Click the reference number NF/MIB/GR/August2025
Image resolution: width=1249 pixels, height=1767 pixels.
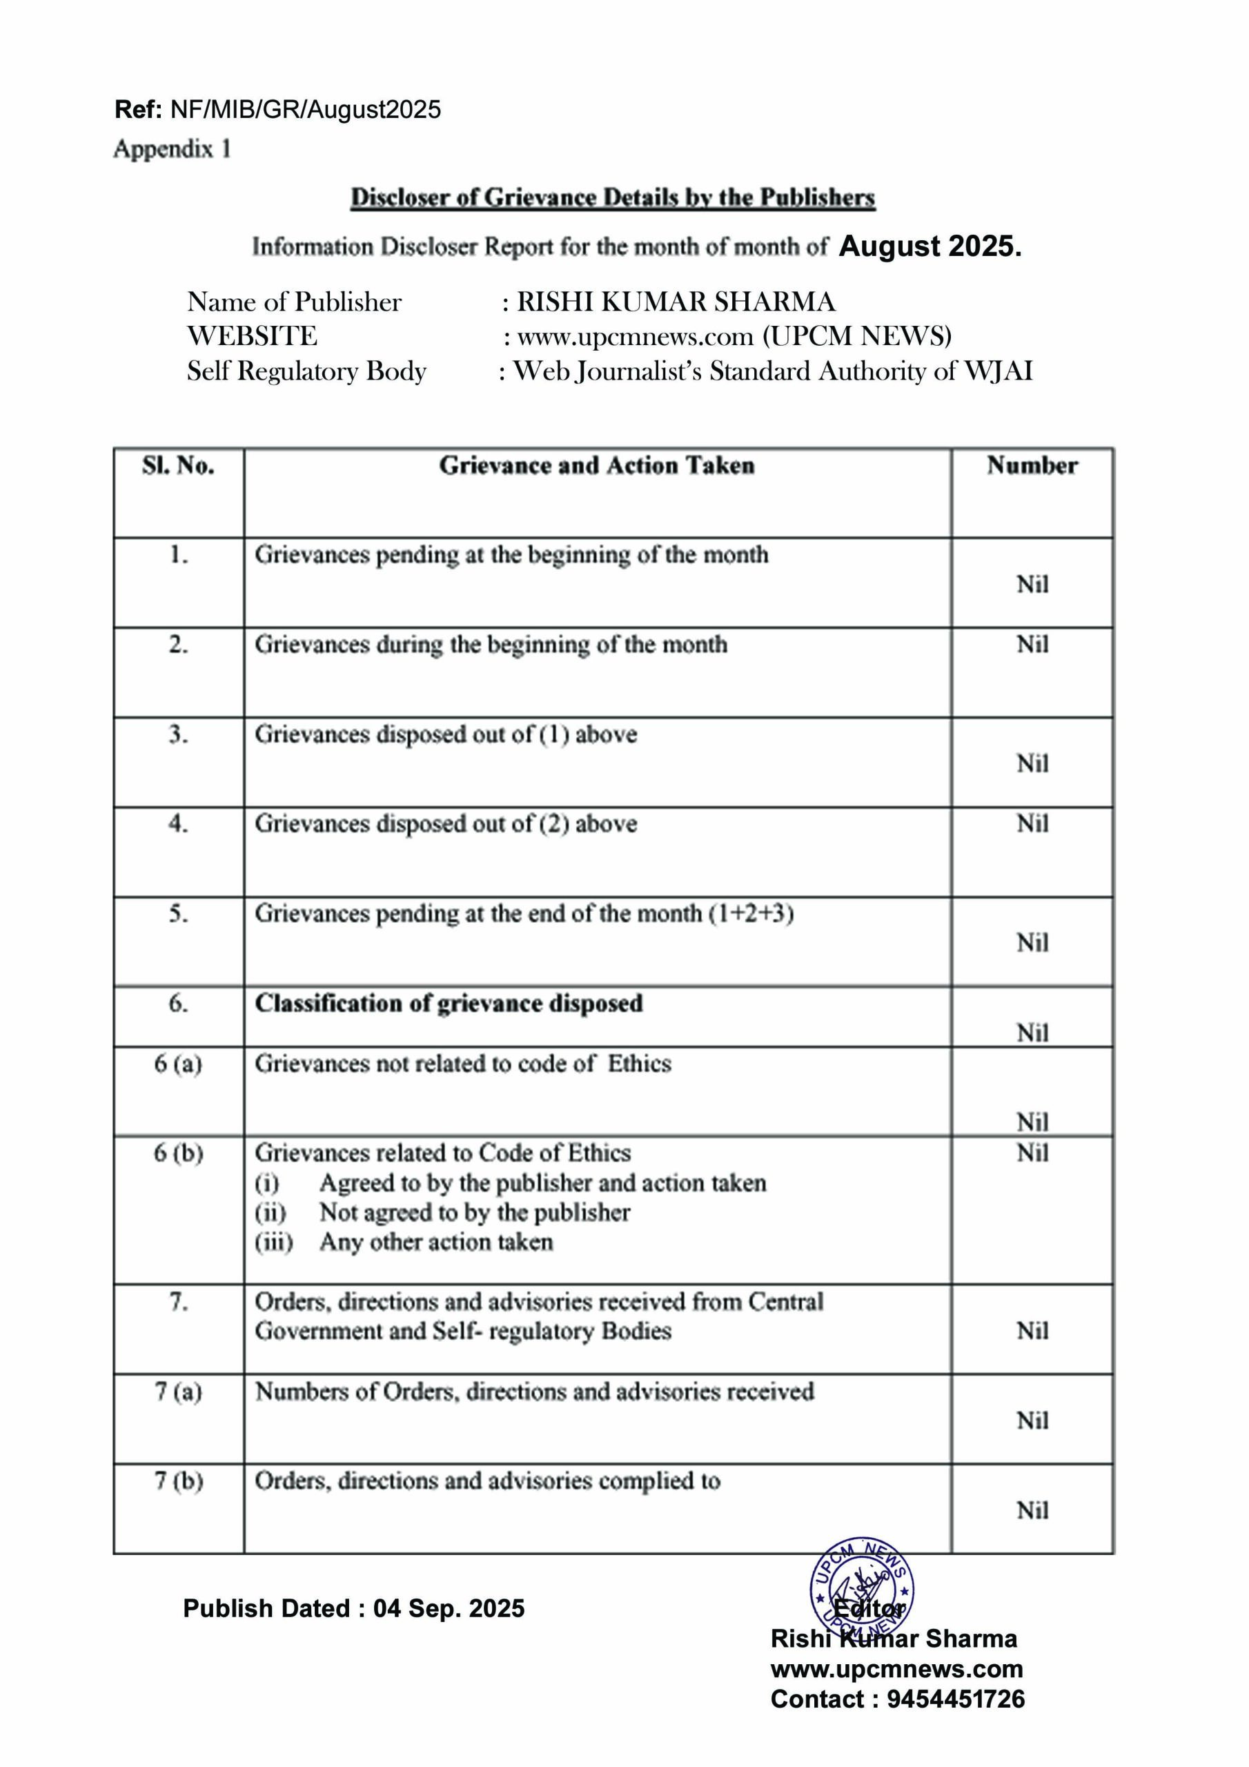[x=306, y=109]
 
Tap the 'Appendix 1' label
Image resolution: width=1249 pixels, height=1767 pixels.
[x=173, y=148]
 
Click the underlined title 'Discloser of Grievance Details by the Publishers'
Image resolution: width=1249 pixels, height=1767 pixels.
[x=613, y=198]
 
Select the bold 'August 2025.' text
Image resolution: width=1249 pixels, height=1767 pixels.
[x=930, y=246]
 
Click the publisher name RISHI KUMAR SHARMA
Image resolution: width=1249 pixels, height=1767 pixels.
[x=676, y=302]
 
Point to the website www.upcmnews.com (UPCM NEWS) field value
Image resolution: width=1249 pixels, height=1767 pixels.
[x=734, y=336]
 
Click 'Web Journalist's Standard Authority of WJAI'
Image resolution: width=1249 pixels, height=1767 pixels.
[x=773, y=371]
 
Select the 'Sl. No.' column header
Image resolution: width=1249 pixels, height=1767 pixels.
[x=178, y=466]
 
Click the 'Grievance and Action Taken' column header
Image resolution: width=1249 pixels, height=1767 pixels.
[x=596, y=466]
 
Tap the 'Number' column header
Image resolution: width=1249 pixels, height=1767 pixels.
[x=1032, y=466]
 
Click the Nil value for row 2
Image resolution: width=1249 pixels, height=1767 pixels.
[x=1032, y=644]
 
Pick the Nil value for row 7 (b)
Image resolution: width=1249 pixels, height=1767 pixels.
[x=1032, y=1510]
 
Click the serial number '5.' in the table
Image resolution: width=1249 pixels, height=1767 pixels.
[x=178, y=913]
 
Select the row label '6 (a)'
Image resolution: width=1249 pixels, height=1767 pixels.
[x=178, y=1064]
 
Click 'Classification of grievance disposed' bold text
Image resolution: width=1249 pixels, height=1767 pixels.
[x=449, y=1004]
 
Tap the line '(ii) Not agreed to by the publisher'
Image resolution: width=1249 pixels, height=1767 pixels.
[x=442, y=1212]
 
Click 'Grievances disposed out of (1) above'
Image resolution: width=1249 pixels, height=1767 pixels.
[x=446, y=734]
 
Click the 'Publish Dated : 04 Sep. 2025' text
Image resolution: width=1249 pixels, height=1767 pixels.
[x=354, y=1608]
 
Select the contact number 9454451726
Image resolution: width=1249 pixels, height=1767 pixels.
[x=956, y=1699]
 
